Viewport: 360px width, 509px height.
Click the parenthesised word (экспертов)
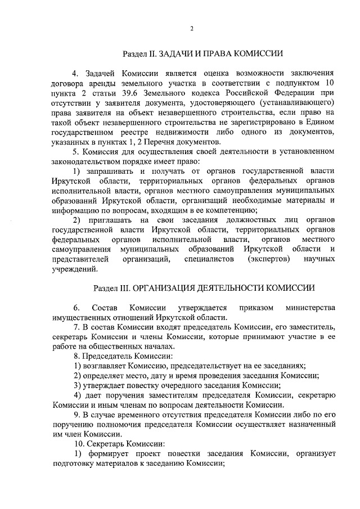coord(268,258)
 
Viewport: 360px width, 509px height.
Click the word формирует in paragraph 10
coord(109,454)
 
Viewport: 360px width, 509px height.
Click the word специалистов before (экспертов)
coord(209,258)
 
